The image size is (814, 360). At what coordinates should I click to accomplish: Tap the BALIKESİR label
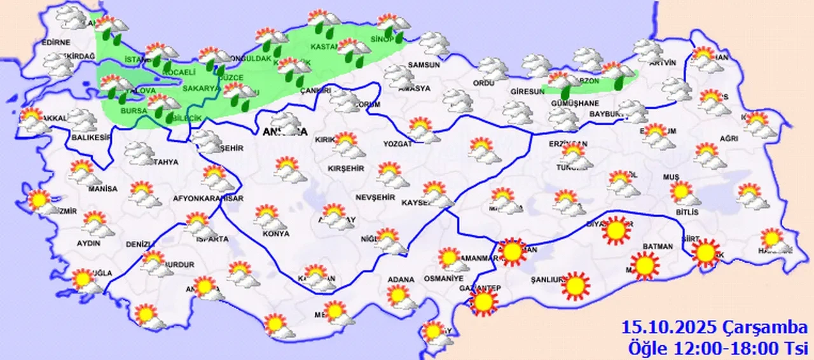coord(88,137)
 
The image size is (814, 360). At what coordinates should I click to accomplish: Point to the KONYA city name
coord(275,233)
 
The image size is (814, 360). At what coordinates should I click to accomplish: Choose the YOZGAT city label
coord(397,144)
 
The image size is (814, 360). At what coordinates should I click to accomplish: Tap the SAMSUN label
coord(424,65)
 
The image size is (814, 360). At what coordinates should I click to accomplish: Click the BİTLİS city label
coord(687,212)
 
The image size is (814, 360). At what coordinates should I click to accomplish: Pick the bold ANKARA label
coord(284,133)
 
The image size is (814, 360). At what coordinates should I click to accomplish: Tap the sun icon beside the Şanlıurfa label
coord(576,285)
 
